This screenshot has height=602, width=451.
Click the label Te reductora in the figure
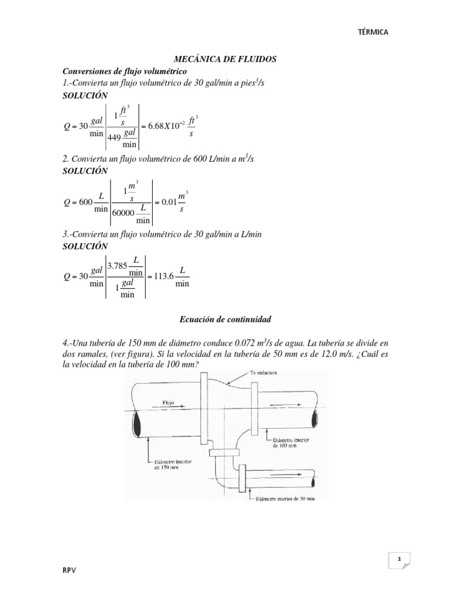260,373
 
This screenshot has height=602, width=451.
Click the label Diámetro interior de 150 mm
171,465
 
